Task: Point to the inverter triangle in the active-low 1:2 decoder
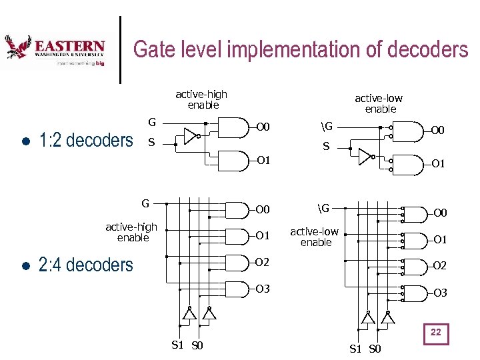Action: pyautogui.click(x=365, y=157)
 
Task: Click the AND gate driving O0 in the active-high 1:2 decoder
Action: pyautogui.click(x=233, y=127)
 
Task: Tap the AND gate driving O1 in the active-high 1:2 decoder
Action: pyautogui.click(x=233, y=160)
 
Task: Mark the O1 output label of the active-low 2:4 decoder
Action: pyautogui.click(x=441, y=239)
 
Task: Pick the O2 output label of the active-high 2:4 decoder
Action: pyautogui.click(x=263, y=262)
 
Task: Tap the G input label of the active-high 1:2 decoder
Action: pyautogui.click(x=152, y=122)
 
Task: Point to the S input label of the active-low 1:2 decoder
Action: pyautogui.click(x=326, y=147)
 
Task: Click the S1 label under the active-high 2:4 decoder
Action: pyautogui.click(x=178, y=345)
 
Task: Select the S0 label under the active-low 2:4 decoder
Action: pyautogui.click(x=375, y=349)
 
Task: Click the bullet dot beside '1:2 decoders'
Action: pyautogui.click(x=24, y=142)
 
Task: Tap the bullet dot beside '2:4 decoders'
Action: pyautogui.click(x=24, y=266)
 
